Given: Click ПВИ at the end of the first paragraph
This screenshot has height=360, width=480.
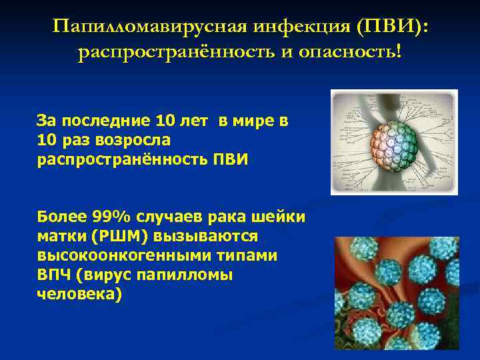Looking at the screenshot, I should (226, 160).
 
